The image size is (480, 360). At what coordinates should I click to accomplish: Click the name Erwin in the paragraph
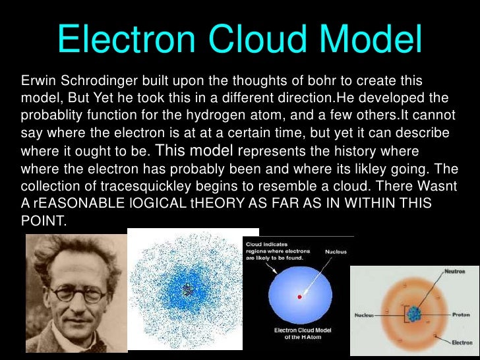coord(39,80)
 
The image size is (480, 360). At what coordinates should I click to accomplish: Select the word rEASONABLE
coord(79,202)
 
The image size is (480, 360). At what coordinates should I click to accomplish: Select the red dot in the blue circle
coord(300,297)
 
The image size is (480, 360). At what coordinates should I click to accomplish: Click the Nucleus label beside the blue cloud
coord(336,251)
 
